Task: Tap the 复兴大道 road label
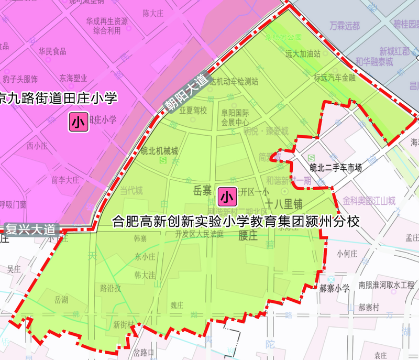coord(30,229)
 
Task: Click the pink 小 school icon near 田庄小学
coord(78,122)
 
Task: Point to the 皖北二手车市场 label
coord(336,168)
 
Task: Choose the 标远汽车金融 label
coord(335,78)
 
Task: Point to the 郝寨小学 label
coord(335,288)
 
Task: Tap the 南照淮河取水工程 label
coord(386,285)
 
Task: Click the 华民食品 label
coord(52,51)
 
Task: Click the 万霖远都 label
coord(345,25)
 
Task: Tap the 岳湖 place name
coord(61,300)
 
